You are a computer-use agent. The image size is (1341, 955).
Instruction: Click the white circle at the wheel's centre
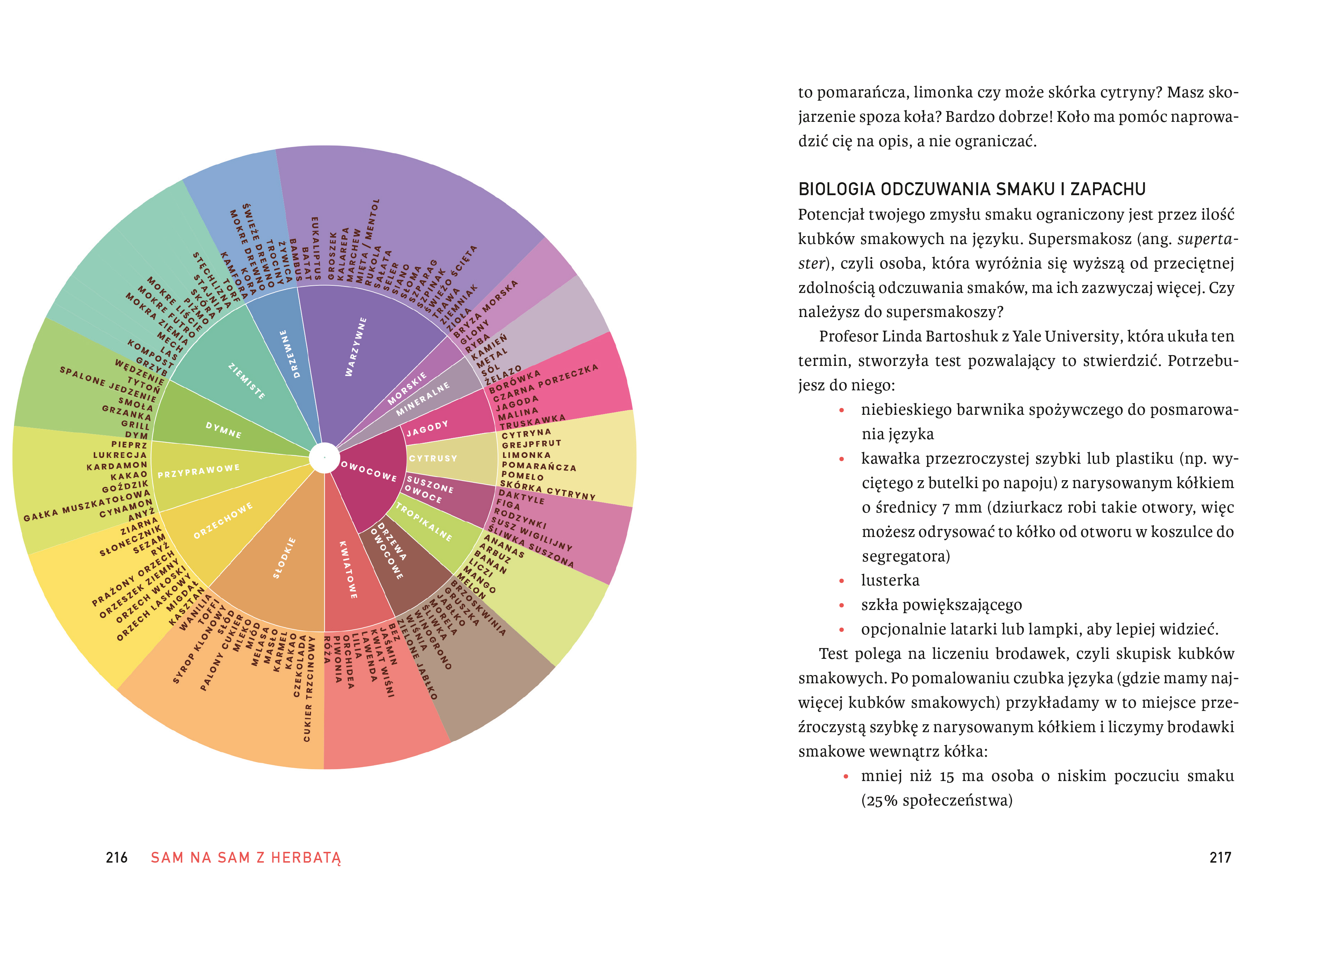click(x=324, y=458)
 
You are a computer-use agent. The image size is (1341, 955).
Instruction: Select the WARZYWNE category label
click(x=356, y=347)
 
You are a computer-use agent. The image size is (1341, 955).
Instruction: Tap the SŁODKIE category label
click(x=285, y=557)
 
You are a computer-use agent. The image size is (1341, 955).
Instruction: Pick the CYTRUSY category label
click(x=433, y=458)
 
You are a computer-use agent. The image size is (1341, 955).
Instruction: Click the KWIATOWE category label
click(x=348, y=569)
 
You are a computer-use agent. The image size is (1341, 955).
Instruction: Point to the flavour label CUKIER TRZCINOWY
click(x=308, y=688)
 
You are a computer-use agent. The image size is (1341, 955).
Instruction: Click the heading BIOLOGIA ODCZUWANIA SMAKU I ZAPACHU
click(x=971, y=189)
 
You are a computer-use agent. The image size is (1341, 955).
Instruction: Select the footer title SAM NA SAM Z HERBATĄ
click(x=246, y=858)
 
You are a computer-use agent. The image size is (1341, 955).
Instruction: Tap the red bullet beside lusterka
click(x=842, y=581)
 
